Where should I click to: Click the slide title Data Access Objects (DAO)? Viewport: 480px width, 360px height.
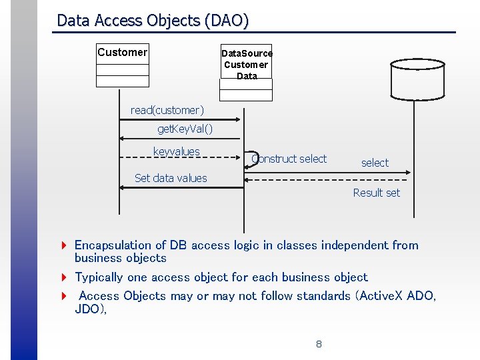(153, 21)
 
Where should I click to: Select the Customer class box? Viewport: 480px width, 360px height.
(122, 66)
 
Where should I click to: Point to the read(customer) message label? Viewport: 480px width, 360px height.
(167, 110)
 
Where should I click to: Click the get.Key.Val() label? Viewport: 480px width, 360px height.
(185, 128)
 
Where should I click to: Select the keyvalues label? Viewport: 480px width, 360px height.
(176, 152)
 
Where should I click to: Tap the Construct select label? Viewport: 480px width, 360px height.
(291, 159)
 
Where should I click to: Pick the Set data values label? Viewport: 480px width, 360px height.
(171, 178)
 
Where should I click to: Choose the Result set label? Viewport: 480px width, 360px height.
(377, 193)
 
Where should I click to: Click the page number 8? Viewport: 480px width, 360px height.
(319, 344)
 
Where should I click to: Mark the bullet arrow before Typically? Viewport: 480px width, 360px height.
(63, 277)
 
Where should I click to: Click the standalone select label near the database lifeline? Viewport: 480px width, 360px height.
(375, 163)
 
